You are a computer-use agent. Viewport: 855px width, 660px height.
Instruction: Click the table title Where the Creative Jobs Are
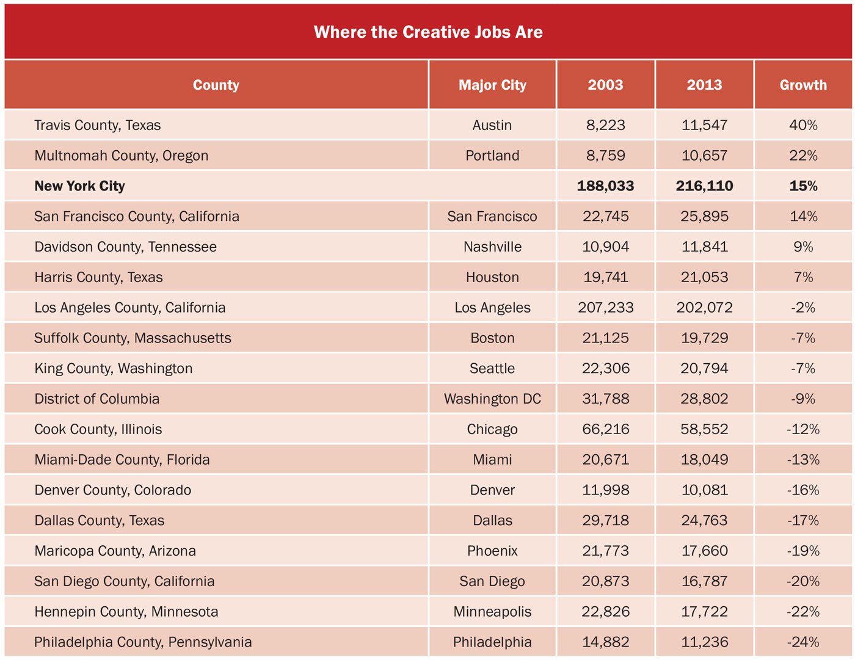tap(428, 32)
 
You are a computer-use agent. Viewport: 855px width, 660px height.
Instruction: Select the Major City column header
tap(492, 85)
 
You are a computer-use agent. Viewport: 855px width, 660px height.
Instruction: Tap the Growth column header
tap(803, 85)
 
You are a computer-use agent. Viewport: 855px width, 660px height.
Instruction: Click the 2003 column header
tap(605, 85)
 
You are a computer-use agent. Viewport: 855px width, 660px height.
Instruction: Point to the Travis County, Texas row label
tap(98, 125)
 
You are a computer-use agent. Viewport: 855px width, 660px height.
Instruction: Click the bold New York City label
tap(79, 186)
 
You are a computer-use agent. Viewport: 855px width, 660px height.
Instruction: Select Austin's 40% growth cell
tap(803, 125)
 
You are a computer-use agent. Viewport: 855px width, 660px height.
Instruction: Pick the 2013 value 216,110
tap(704, 186)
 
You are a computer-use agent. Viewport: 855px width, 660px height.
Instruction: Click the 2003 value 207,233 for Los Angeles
tap(605, 308)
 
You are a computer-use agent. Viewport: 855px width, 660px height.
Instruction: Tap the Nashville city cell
tap(492, 247)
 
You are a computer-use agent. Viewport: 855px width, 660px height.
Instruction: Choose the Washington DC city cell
tap(492, 399)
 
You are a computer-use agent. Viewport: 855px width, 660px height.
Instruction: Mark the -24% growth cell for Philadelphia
tap(803, 642)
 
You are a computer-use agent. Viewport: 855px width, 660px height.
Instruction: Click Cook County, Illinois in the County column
tap(98, 429)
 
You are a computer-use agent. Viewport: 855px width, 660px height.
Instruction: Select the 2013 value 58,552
tap(704, 429)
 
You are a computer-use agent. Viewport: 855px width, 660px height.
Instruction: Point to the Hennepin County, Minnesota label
tap(126, 612)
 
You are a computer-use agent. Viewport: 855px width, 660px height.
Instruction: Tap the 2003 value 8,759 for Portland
tap(605, 156)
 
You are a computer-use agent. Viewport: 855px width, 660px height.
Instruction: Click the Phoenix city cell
tap(492, 551)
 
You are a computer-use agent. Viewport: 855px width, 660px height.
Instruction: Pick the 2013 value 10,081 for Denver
tap(704, 490)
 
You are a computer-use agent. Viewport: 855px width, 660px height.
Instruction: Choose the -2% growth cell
tap(803, 308)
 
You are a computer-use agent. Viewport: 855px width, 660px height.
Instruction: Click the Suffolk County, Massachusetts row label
tap(133, 338)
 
